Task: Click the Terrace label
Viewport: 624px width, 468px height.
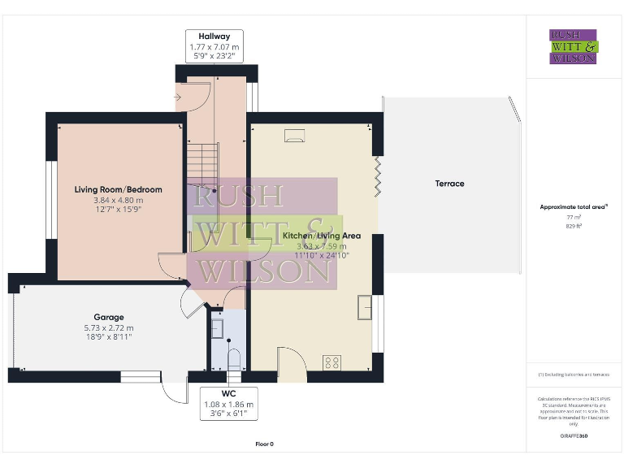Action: tap(449, 184)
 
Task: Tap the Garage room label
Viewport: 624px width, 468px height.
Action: tap(109, 317)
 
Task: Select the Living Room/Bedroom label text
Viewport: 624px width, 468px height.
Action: tap(119, 189)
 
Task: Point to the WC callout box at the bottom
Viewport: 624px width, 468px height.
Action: tap(227, 404)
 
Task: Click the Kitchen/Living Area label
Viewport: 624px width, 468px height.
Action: tap(322, 236)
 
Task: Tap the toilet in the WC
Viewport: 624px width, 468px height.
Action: tap(235, 358)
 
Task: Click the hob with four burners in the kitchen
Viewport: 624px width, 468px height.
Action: tap(332, 362)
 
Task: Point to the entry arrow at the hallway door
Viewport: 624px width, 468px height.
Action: tap(178, 97)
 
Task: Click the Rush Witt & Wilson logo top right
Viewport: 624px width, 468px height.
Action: tap(574, 47)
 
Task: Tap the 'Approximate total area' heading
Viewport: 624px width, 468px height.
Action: tap(573, 207)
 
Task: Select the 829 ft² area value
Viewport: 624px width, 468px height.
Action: tap(574, 227)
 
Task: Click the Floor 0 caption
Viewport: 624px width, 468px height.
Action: tap(264, 444)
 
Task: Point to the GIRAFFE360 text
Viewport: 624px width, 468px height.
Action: tap(574, 437)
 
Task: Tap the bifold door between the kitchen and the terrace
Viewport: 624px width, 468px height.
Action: tap(379, 175)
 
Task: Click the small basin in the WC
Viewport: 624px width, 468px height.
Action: tap(218, 328)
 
